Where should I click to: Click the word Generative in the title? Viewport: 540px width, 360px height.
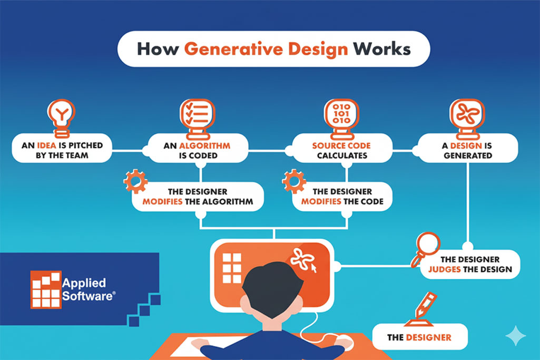[266, 48]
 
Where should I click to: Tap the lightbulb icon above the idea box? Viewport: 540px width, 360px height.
[61, 115]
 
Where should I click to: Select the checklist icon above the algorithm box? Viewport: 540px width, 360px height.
[197, 115]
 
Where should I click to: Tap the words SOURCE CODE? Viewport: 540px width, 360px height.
[341, 145]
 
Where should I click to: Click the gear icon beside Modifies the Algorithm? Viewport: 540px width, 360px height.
[135, 181]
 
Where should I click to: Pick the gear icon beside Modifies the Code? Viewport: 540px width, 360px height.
[294, 181]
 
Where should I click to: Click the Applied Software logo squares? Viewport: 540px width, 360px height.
[45, 289]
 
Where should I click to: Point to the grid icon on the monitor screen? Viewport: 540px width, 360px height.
[231, 268]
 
